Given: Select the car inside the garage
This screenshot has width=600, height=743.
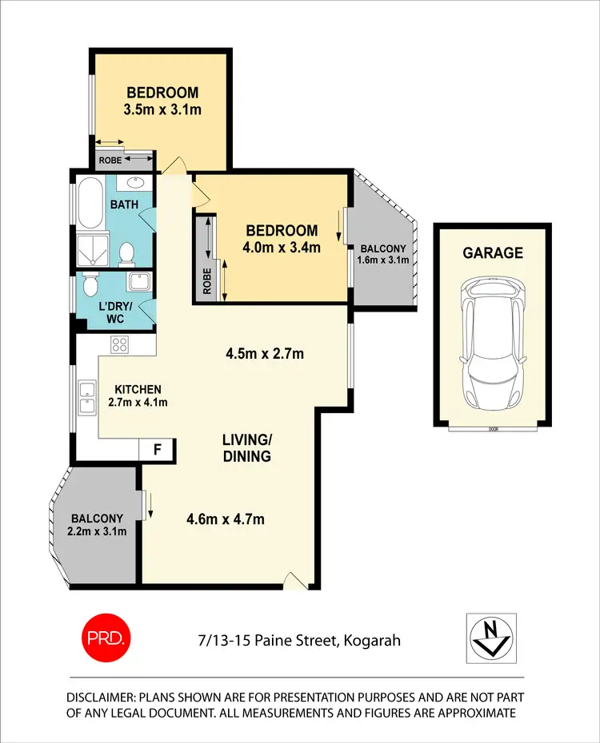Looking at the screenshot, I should point(492,342).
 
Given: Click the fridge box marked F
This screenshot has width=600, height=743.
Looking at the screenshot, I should point(157,449).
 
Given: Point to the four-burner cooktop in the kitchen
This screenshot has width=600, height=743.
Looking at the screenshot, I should point(120,345).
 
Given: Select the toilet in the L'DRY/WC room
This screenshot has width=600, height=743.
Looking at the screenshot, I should point(90,286).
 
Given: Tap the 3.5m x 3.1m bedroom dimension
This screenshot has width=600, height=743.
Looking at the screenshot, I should point(162,109).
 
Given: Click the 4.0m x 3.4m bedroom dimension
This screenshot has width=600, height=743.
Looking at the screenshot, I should point(281,248).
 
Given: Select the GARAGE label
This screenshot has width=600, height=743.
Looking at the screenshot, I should point(492,253).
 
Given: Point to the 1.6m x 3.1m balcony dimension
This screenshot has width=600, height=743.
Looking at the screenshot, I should point(383,260).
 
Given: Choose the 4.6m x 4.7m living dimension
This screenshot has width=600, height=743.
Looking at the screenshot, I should point(225,520).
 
